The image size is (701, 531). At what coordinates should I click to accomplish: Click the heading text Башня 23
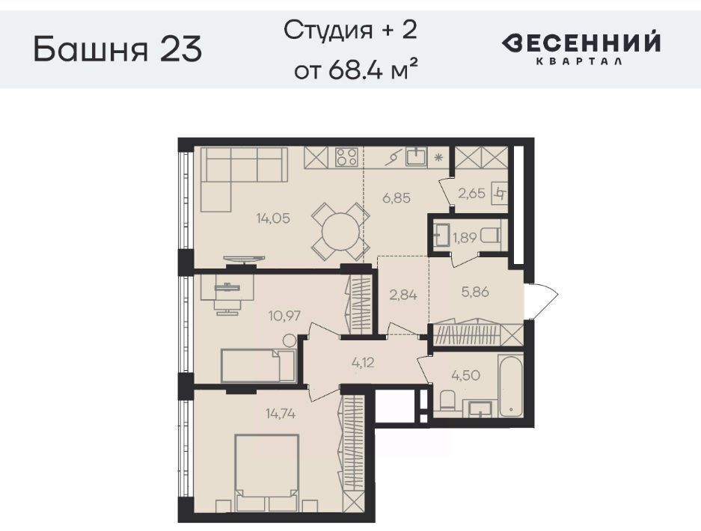coord(118,49)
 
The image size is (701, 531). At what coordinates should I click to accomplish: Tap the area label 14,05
coord(273,218)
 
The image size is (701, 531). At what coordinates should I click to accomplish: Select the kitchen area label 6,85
coord(397,197)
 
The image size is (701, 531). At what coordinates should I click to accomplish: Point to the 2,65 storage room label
coord(471,193)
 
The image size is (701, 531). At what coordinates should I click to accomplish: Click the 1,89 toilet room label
coord(465,238)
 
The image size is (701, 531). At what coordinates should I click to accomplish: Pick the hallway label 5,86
coord(475,292)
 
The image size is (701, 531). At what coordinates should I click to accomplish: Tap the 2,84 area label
coord(403,295)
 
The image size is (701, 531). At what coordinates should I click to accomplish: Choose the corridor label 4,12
coord(363,363)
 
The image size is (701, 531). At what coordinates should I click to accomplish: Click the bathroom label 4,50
coord(466,375)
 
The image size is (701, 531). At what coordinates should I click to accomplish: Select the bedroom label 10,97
coord(284,316)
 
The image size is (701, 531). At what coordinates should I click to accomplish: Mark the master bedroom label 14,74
coord(281,414)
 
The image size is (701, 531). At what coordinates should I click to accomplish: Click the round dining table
coord(340,232)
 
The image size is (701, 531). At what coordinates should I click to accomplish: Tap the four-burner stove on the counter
coord(346,157)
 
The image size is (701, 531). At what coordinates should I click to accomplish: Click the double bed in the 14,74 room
coord(267,473)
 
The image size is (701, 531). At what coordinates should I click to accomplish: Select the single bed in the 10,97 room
coord(258,366)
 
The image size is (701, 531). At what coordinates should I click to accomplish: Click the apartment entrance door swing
coord(544,301)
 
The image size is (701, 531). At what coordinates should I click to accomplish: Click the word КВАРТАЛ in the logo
coord(578,61)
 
